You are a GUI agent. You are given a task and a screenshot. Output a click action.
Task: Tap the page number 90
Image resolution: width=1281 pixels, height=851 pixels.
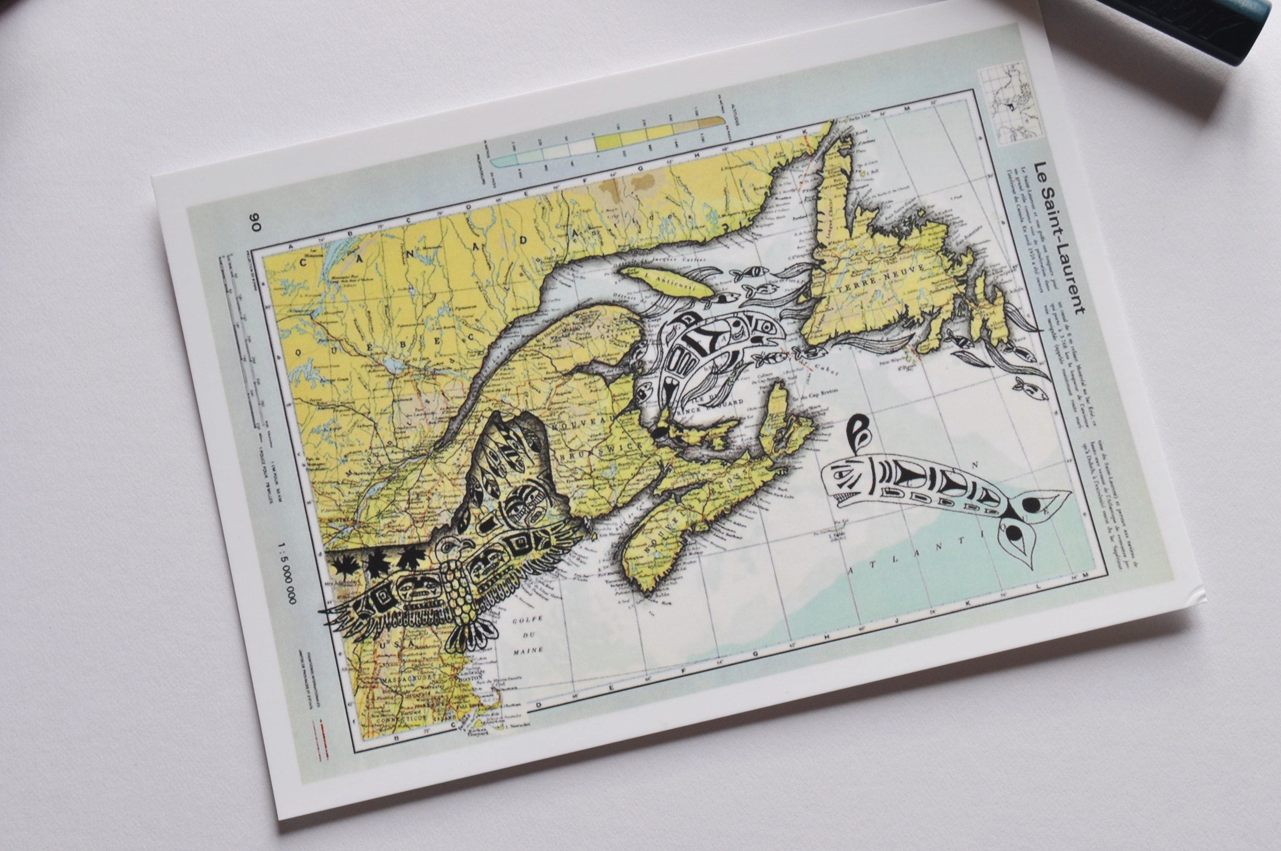tap(255, 222)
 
